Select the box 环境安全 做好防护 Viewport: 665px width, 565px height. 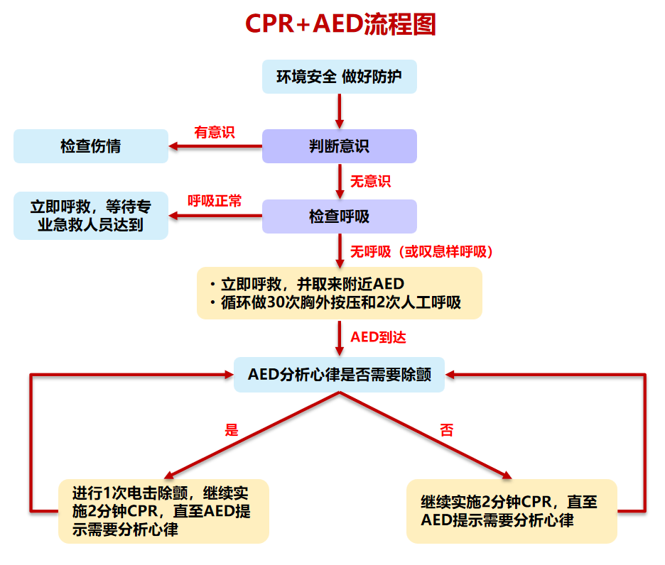pyautogui.click(x=339, y=77)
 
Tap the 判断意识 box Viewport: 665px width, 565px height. pyautogui.click(x=339, y=146)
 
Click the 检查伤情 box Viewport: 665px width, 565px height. pyautogui.click(x=90, y=146)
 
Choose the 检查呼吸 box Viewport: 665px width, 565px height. pyautogui.click(x=339, y=216)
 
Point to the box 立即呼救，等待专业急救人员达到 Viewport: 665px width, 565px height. pyautogui.click(x=90, y=216)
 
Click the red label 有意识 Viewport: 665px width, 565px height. pyautogui.click(x=214, y=132)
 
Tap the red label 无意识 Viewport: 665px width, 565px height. pyautogui.click(x=370, y=181)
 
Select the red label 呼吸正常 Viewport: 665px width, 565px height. pyautogui.click(x=214, y=202)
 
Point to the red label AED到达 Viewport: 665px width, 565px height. pyautogui.click(x=378, y=337)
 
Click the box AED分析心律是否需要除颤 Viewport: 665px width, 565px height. pyautogui.click(x=339, y=375)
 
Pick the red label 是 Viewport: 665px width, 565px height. pyautogui.click(x=232, y=429)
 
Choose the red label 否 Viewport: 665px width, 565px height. pyautogui.click(x=446, y=429)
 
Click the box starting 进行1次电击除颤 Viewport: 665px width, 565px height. pyautogui.click(x=163, y=511)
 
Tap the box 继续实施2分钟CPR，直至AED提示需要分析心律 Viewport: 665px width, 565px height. pyautogui.click(x=511, y=511)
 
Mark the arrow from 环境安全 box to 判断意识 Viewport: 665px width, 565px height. pyautogui.click(x=340, y=110)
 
